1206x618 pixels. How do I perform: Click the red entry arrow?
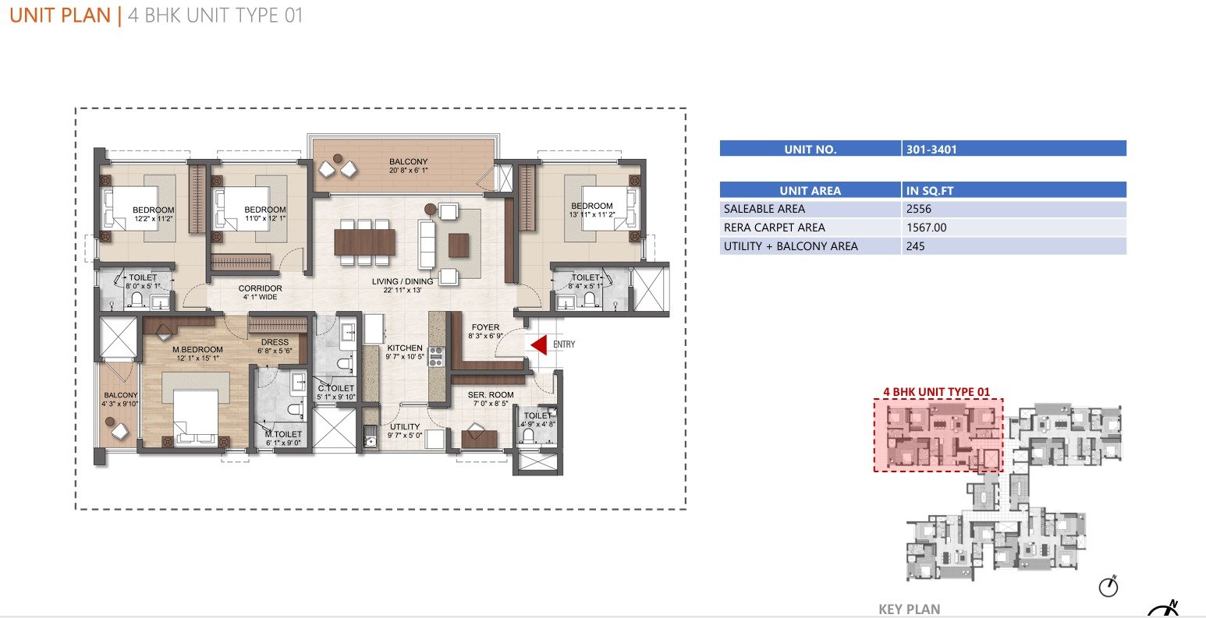(540, 344)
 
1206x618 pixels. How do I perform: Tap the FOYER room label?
(485, 327)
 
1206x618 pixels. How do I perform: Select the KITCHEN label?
(404, 348)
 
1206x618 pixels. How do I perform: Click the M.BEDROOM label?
(197, 350)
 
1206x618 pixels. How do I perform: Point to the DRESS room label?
(275, 342)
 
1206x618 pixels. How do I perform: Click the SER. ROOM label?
(491, 395)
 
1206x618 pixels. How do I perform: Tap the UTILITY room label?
(404, 426)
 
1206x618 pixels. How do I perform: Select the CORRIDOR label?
(260, 288)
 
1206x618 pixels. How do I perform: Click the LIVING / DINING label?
(403, 281)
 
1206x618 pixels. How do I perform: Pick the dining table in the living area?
(364, 242)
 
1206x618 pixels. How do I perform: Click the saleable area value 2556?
(918, 209)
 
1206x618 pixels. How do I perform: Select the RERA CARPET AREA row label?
(774, 228)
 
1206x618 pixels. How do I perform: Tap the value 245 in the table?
(915, 246)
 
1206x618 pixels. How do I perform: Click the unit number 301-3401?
(931, 150)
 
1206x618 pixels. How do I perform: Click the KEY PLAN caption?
(910, 609)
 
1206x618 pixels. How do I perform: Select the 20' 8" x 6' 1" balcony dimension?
(409, 171)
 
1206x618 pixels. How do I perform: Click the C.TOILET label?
(335, 388)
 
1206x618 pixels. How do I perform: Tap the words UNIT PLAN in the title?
(60, 16)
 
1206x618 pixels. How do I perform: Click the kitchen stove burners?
(435, 357)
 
